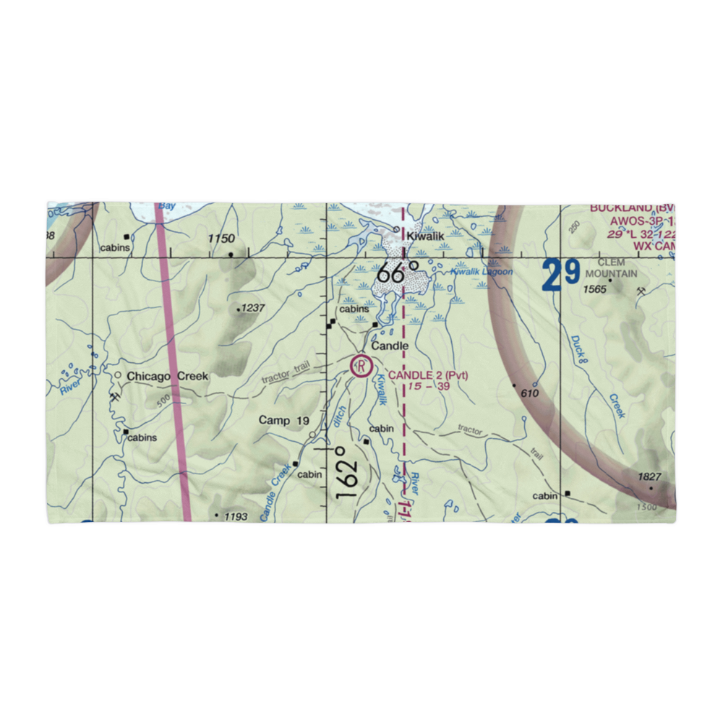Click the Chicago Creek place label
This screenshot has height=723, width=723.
click(167, 376)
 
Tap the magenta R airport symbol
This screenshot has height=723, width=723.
click(359, 367)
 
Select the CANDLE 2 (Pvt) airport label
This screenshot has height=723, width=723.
click(428, 375)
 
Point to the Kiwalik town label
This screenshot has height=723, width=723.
click(424, 236)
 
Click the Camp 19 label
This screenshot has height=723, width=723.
click(284, 420)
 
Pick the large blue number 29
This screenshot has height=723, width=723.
click(562, 275)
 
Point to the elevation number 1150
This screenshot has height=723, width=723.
click(222, 239)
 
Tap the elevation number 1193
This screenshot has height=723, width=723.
click(236, 516)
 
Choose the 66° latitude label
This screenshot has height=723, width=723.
click(398, 274)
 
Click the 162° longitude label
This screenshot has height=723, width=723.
click(346, 472)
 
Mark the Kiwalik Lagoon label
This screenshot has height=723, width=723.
click(482, 272)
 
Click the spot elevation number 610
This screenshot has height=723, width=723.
click(530, 392)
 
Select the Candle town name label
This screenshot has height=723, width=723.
click(390, 346)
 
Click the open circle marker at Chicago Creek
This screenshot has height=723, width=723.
click(118, 375)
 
